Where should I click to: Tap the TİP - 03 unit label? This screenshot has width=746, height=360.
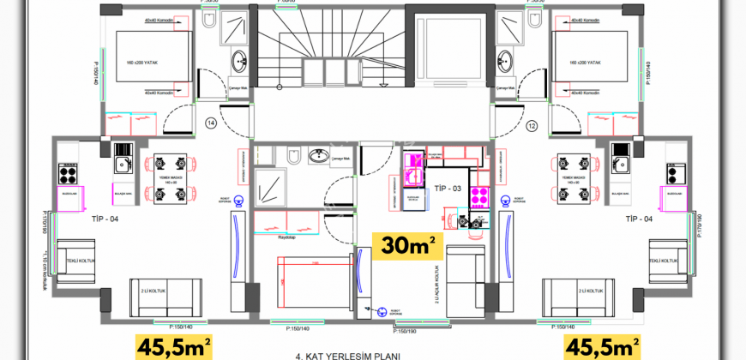448,187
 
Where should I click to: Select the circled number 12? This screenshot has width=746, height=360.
531,127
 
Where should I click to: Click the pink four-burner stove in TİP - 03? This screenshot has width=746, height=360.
477,195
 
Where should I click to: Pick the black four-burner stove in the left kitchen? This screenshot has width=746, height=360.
68,172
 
